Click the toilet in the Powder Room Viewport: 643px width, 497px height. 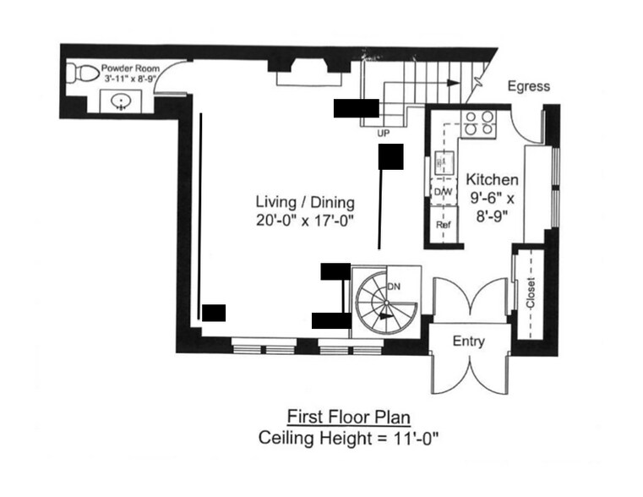pos(82,74)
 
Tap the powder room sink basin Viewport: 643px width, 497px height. pos(121,101)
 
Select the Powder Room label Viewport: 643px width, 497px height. pos(130,68)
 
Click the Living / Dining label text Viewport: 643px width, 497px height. pos(305,203)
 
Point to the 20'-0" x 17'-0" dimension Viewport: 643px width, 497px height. pos(305,221)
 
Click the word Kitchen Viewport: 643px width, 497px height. pos(492,179)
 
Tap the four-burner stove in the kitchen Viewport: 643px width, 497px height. pos(479,123)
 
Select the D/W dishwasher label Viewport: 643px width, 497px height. pos(443,192)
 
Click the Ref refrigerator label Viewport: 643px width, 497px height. pos(444,225)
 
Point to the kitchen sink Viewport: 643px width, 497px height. pos(444,163)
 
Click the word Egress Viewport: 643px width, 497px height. pos(529,86)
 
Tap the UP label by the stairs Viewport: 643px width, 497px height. pos(384,134)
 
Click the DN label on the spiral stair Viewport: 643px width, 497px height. pos(394,287)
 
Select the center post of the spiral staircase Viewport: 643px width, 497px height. pos(386,303)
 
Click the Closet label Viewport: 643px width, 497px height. pos(531,293)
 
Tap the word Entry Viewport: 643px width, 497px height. pos(469,341)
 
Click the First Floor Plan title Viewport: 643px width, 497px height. pos(349,417)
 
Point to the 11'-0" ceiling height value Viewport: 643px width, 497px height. pos(416,438)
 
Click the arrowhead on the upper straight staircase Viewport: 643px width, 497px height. pos(453,83)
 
